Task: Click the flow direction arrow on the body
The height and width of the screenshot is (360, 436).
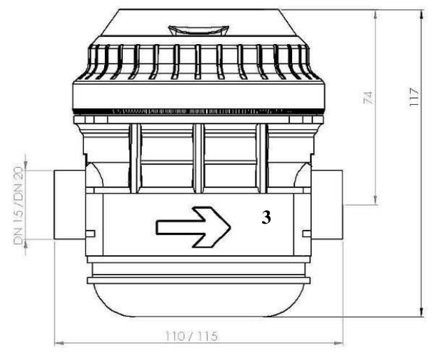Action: coord(194,227)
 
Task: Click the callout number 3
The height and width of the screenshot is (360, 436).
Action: coord(266,217)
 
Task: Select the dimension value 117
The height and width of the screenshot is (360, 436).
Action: coord(414,96)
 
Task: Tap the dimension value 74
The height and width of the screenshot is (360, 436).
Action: coord(368,97)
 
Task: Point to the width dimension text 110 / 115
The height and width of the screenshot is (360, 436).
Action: coord(191,336)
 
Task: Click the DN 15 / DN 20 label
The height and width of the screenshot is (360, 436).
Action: coord(19,206)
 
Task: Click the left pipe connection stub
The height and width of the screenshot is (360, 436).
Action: coord(69,205)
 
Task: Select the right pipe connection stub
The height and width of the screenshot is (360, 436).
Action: coord(327,205)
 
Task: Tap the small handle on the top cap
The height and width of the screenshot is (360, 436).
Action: coord(198,30)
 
